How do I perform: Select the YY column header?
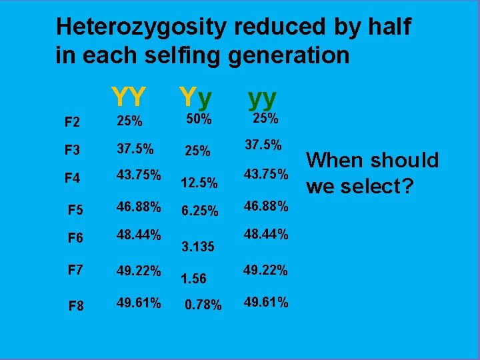129,97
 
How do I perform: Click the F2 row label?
72,123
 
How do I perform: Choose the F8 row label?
77,306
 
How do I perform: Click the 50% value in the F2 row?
198,119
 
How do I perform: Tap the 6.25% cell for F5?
199,211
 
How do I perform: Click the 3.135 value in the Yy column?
198,247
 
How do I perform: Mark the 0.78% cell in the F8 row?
203,306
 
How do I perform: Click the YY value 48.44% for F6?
139,235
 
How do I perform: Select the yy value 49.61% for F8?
265,303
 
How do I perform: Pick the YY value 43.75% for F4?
139,175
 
